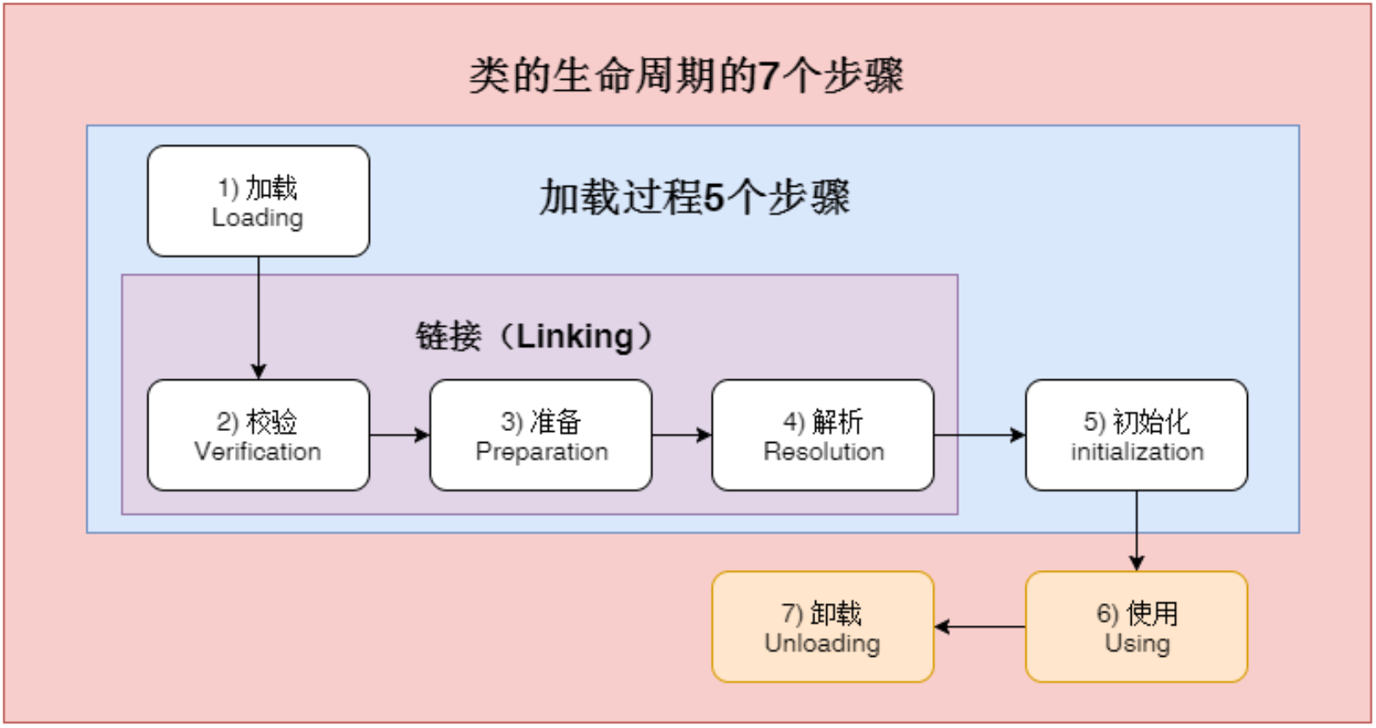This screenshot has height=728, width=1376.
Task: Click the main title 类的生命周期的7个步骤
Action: [x=686, y=76]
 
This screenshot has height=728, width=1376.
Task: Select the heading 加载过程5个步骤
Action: [x=694, y=197]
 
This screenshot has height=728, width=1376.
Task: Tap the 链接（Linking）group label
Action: [x=534, y=336]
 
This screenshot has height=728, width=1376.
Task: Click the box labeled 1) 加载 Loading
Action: [x=258, y=201]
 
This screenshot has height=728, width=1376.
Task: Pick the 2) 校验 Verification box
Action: [x=258, y=435]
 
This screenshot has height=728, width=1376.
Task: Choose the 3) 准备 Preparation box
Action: [x=540, y=435]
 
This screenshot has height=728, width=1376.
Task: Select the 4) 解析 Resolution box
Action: [x=822, y=435]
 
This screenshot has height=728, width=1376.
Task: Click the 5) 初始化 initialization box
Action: [x=1136, y=435]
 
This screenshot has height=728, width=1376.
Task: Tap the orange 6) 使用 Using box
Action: [x=1136, y=627]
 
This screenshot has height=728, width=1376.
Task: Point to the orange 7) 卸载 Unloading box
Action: [x=822, y=627]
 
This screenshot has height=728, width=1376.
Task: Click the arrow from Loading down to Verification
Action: [x=258, y=318]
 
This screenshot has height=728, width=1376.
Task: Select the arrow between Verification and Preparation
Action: [x=400, y=435]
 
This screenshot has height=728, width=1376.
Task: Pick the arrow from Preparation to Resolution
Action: [x=681, y=435]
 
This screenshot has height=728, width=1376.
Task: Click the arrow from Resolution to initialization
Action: [x=979, y=435]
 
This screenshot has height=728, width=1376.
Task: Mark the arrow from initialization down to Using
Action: [x=1136, y=530]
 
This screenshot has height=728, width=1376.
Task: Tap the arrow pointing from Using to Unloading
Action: [x=979, y=627]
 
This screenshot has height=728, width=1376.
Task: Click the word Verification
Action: [x=258, y=451]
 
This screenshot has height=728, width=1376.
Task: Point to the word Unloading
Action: [x=822, y=643]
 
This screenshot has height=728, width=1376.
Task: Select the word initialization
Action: [x=1137, y=451]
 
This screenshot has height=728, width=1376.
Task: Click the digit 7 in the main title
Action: [x=768, y=76]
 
